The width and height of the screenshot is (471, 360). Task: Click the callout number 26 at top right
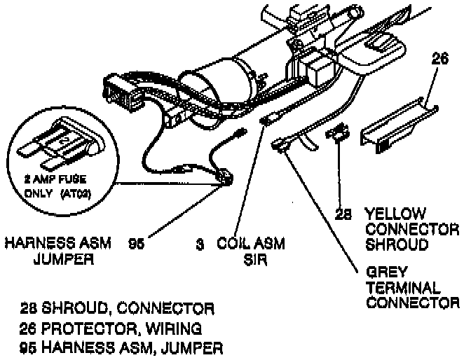(439, 60)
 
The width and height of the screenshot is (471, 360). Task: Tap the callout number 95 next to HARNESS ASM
(137, 245)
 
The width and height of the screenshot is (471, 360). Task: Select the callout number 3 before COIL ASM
(200, 245)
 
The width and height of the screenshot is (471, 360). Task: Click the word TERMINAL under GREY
(403, 289)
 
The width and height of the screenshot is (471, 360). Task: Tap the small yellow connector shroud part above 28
(339, 131)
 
